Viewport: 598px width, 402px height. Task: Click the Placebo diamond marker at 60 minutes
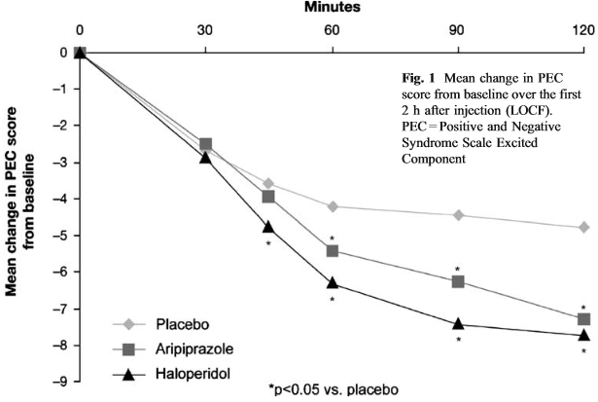pos(333,206)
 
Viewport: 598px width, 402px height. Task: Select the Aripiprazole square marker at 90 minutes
pos(458,281)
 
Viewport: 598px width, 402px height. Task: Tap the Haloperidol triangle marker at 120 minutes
pos(583,335)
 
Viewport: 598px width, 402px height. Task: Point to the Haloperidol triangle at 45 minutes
pos(268,227)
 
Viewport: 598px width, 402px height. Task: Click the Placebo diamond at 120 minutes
pos(583,227)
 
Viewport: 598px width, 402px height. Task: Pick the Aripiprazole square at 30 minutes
pos(205,144)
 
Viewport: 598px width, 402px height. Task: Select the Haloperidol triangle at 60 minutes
pos(333,282)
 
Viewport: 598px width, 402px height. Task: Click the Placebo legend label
pos(182,324)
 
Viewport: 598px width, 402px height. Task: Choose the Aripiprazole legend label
pos(194,348)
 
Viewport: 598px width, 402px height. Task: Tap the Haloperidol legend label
pos(193,373)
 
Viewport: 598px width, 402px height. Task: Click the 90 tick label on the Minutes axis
pos(456,30)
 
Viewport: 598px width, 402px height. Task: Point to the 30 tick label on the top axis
pos(205,30)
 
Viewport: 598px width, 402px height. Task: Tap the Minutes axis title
pos(333,7)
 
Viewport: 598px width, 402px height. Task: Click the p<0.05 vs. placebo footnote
pos(334,389)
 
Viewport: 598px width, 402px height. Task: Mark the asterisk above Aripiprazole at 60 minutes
pos(333,238)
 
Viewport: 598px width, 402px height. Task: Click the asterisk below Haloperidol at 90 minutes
pos(458,339)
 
